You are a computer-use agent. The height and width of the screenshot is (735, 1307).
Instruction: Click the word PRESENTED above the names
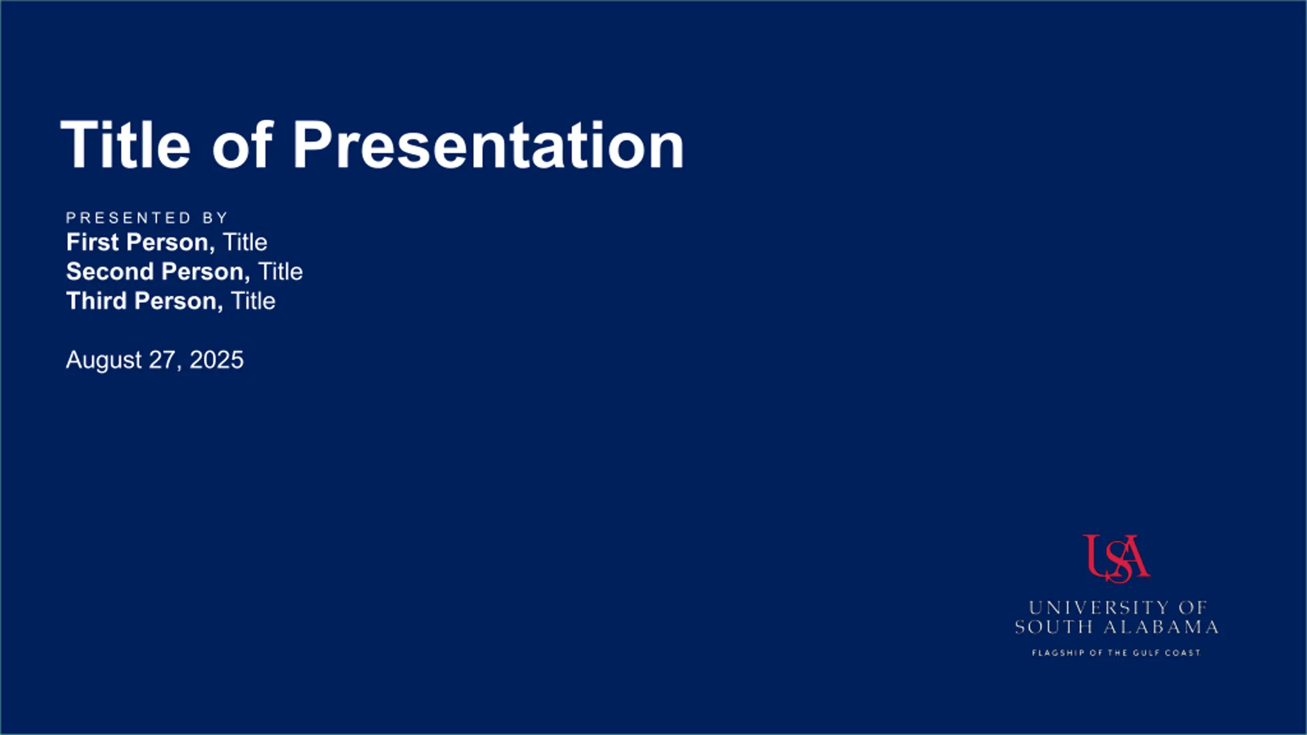pyautogui.click(x=128, y=218)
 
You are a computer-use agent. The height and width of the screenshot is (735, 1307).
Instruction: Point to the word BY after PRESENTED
pyautogui.click(x=215, y=218)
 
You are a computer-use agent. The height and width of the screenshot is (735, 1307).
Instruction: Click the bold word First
pyautogui.click(x=92, y=242)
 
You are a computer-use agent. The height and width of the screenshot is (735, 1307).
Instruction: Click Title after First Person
pyautogui.click(x=245, y=242)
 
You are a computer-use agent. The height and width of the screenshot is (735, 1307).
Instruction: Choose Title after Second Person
pyautogui.click(x=280, y=272)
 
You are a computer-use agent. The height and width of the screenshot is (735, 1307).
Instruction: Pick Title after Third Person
pyautogui.click(x=253, y=301)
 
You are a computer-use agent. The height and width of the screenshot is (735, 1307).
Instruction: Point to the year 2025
pyautogui.click(x=216, y=360)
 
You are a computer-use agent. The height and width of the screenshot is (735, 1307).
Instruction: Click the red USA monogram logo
pyautogui.click(x=1116, y=558)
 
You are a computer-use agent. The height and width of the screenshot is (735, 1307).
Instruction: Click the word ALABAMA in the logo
pyautogui.click(x=1161, y=627)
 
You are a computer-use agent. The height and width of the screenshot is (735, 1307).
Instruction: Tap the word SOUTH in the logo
pyautogui.click(x=1054, y=627)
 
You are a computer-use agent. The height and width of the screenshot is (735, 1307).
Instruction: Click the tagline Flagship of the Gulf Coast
pyautogui.click(x=1116, y=653)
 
